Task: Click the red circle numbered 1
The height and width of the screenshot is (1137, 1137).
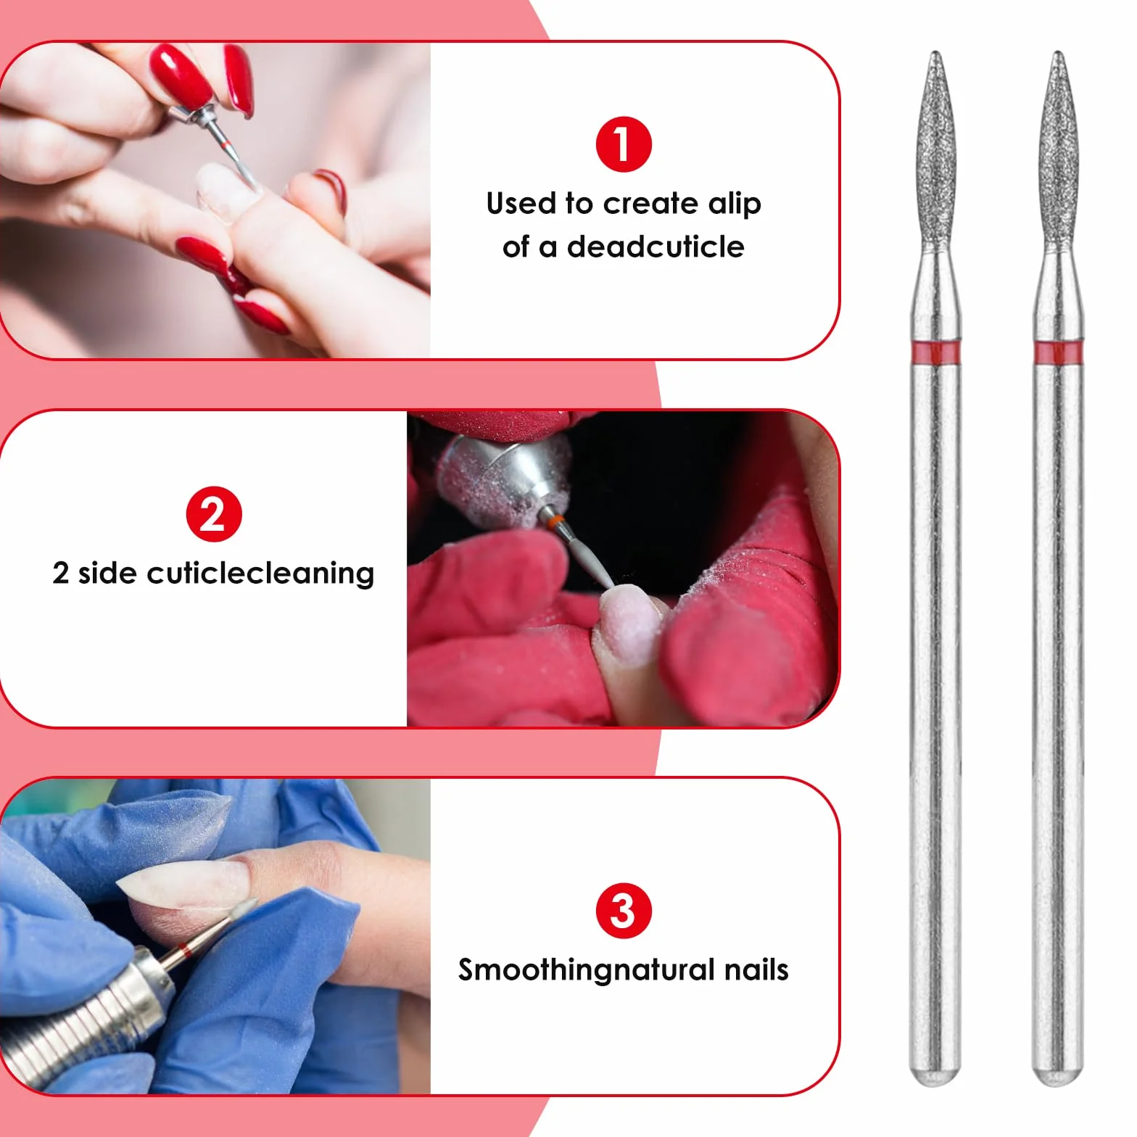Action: point(623,144)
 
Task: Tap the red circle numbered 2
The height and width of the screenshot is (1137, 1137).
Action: point(213,514)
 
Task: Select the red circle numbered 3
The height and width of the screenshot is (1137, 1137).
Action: point(623,911)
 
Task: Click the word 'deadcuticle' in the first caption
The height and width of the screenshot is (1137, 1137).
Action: point(656,247)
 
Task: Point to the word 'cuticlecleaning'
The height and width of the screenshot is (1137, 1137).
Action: point(261,574)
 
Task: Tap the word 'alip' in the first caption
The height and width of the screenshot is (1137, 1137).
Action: point(735,204)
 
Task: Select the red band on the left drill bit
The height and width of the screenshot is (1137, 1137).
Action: point(935,354)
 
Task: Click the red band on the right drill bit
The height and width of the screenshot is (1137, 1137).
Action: point(1058,354)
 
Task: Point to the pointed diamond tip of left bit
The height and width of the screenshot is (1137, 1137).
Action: point(935,53)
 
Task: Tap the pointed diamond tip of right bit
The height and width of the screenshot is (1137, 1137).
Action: point(1058,53)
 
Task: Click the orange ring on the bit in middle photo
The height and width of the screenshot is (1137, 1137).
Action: point(555,521)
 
